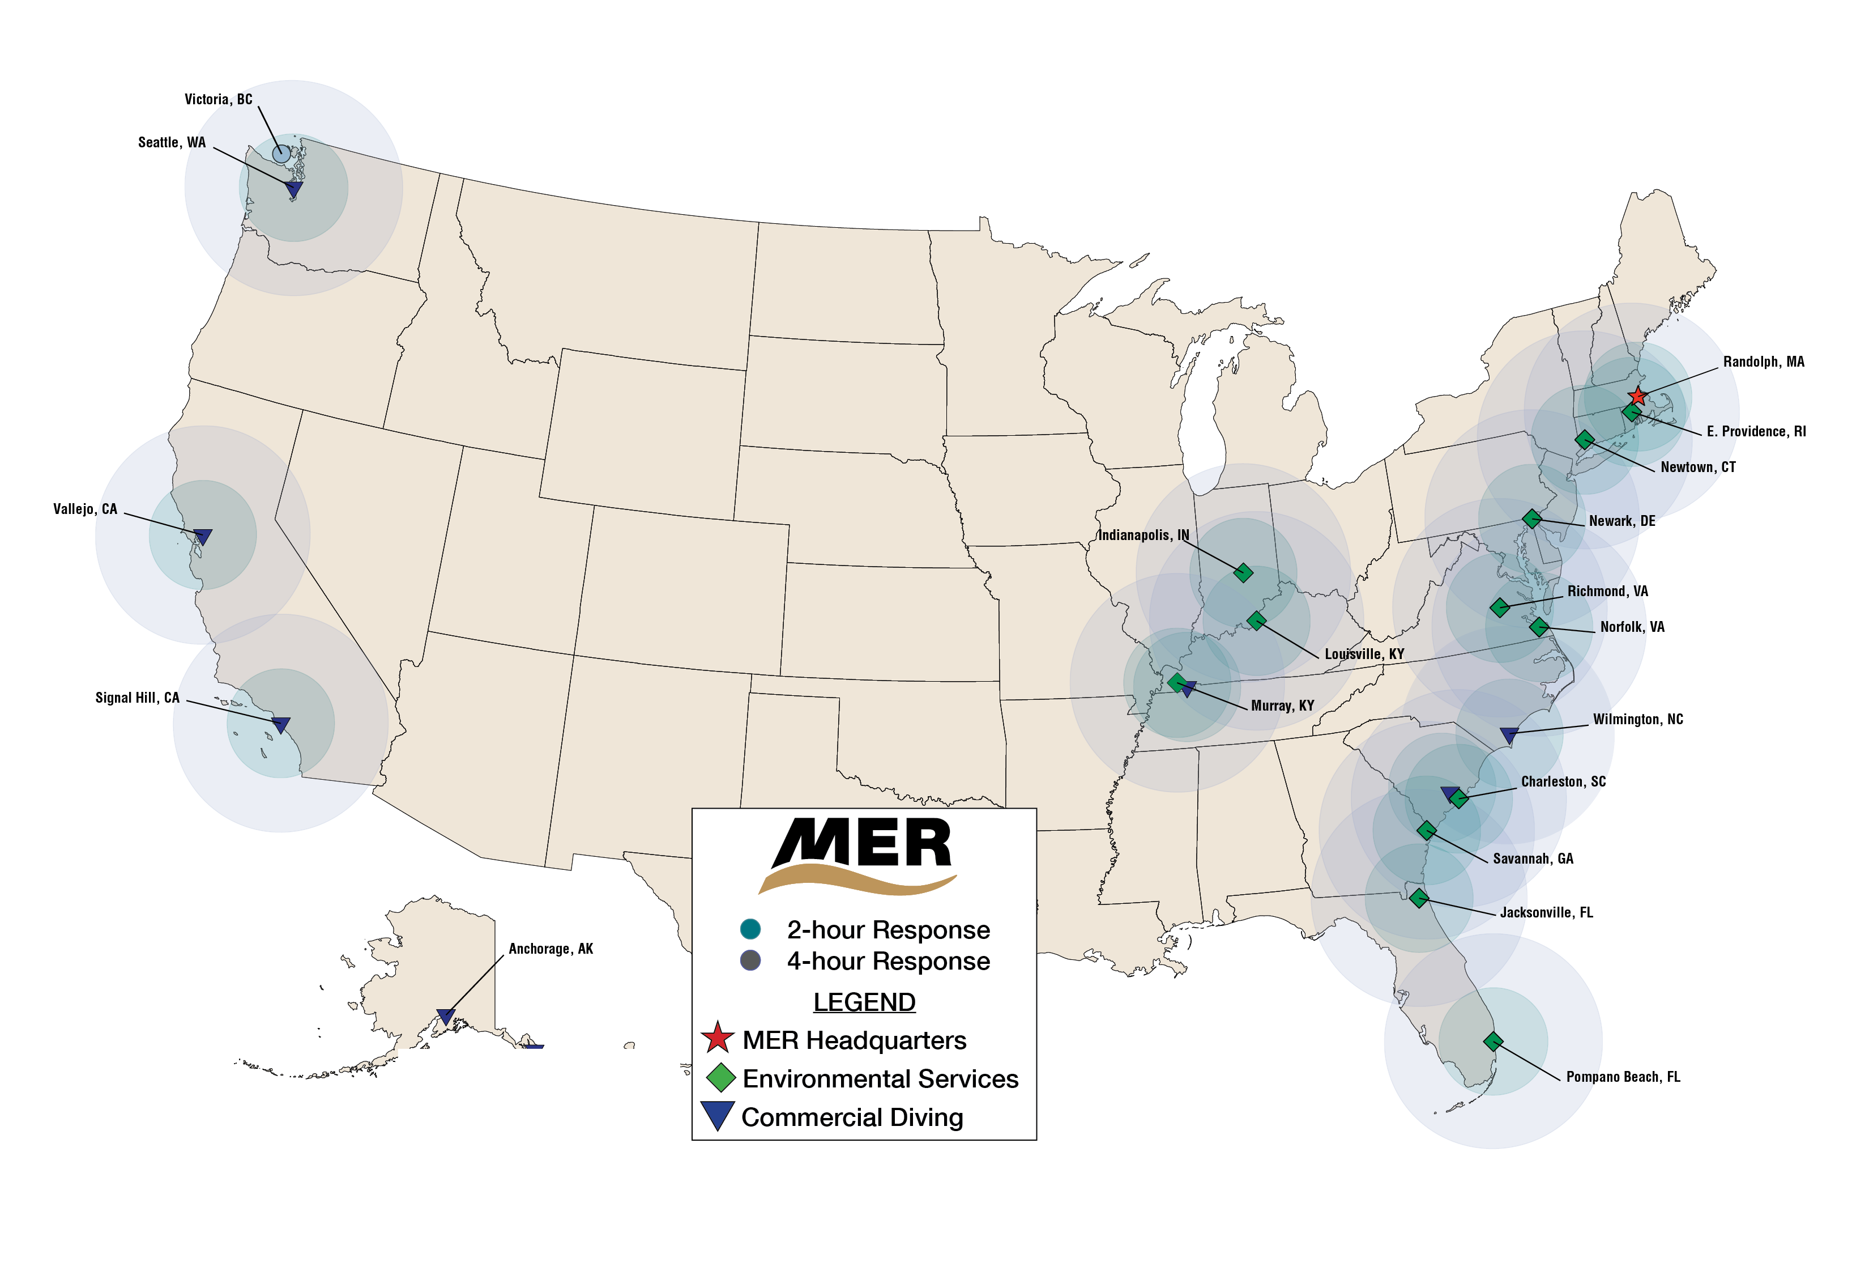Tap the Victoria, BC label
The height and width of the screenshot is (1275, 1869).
coord(218,100)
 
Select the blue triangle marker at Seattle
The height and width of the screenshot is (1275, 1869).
coord(295,190)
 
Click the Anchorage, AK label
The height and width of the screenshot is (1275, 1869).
coord(551,949)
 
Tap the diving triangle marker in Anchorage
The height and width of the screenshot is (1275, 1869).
coord(446,1017)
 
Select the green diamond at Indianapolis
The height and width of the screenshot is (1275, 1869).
coord(1243,573)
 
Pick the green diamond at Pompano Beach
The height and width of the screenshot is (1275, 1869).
coord(1494,1042)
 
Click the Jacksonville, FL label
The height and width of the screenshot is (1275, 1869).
coord(1546,912)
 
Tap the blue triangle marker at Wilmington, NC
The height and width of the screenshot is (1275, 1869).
coord(1509,735)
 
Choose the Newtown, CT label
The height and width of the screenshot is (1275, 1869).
coord(1698,467)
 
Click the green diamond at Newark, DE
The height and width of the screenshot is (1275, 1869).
coord(1532,519)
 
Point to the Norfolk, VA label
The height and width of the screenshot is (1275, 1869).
coord(1632,627)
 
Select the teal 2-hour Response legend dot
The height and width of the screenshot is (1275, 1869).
coord(750,930)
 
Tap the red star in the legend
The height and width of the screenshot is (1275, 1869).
coord(716,1039)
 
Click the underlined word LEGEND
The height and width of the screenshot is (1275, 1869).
coord(864,1002)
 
